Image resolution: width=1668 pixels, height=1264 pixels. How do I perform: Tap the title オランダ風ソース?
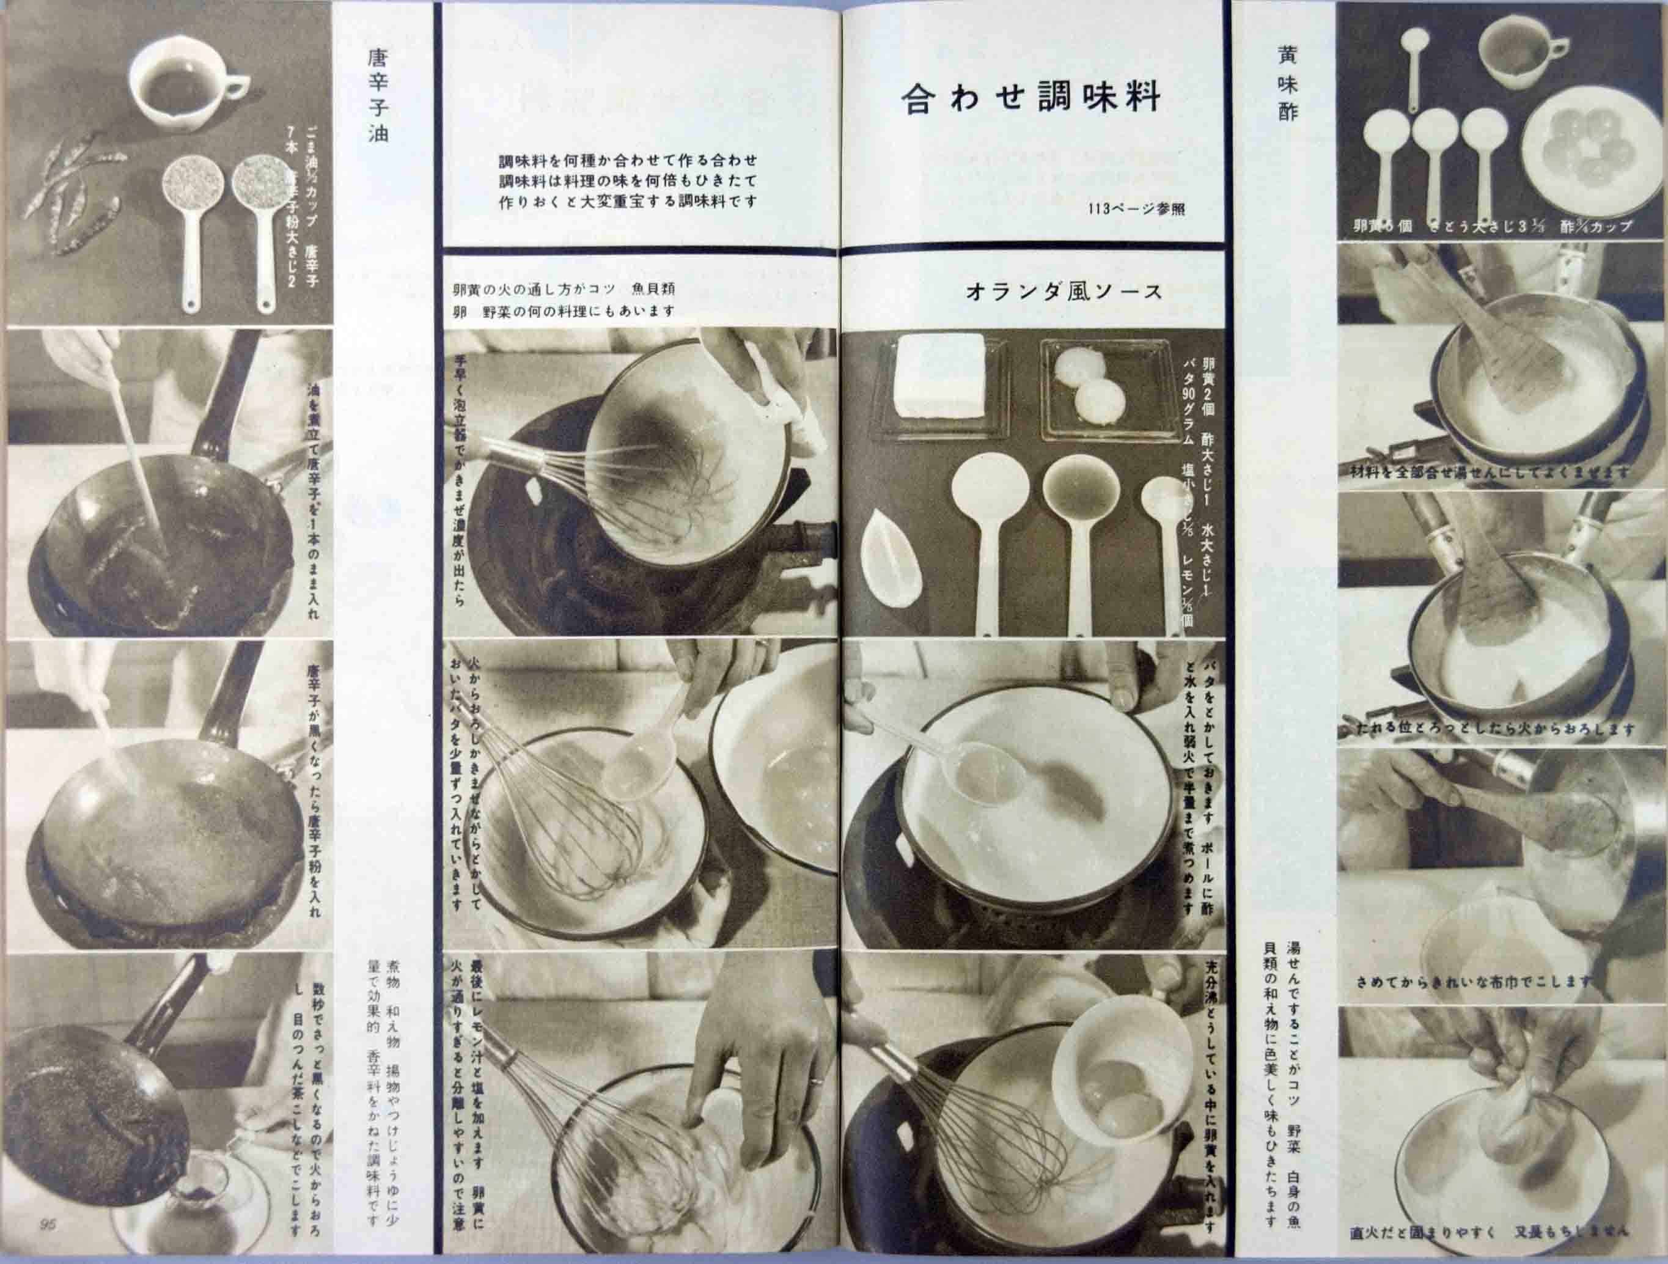pos(1064,293)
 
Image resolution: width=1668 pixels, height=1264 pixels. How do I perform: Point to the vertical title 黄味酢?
pos(1287,83)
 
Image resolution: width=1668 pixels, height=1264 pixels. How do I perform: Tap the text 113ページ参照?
pos(1136,209)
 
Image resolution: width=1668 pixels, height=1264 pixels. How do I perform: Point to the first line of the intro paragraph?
pos(627,161)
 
